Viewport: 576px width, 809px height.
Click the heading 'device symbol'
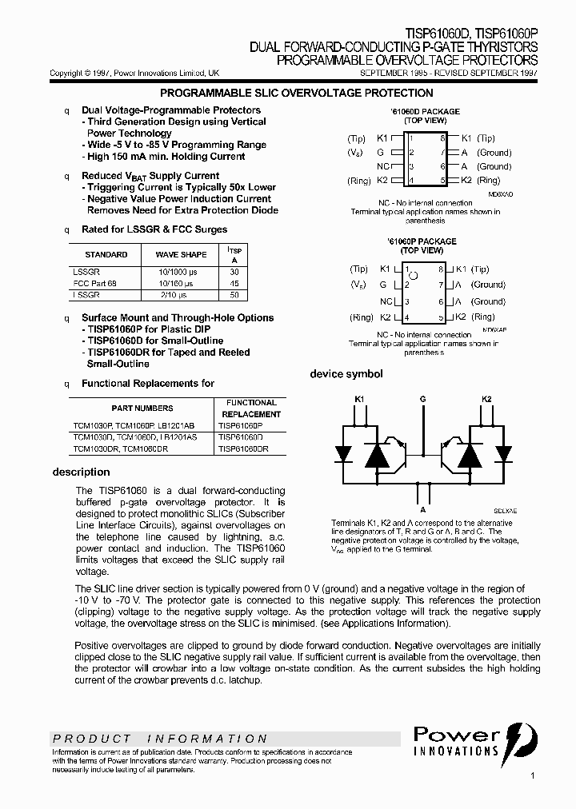(346, 374)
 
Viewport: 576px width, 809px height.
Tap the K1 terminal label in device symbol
(359, 398)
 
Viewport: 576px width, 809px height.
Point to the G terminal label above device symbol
(422, 398)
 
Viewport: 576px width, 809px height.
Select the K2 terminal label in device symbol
(486, 398)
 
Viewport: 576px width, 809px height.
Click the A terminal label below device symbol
(422, 508)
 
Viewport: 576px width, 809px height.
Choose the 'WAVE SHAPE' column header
(181, 254)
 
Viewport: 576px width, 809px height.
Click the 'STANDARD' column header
(106, 254)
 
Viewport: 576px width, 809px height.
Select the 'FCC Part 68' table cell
(94, 283)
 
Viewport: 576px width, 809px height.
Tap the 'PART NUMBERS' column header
(142, 408)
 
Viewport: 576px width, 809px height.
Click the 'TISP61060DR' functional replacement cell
(243, 449)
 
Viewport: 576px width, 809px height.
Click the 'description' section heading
(81, 472)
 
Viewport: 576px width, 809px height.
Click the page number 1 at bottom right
(532, 775)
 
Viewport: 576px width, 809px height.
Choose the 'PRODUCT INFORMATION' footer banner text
(160, 739)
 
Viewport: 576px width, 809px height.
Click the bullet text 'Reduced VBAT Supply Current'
(150, 176)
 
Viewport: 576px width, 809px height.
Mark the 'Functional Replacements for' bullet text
(148, 384)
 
